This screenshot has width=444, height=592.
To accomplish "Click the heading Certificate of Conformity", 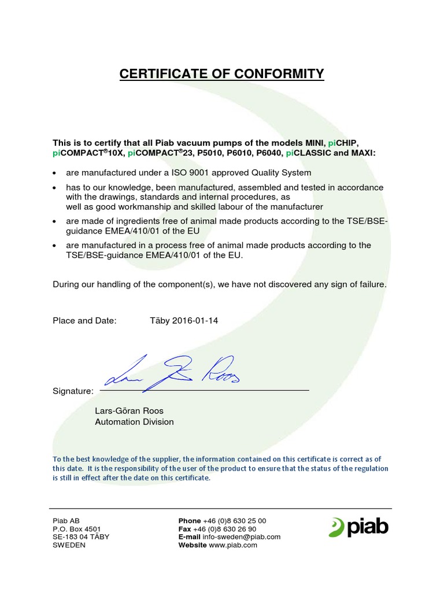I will [221, 74].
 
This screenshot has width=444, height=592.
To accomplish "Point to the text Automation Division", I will [134, 422].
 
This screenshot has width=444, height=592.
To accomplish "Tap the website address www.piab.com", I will [233, 545].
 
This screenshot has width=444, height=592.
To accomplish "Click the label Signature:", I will [73, 391].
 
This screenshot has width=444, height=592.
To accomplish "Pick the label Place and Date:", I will [84, 320].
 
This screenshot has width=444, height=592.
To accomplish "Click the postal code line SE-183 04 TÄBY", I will [81, 537].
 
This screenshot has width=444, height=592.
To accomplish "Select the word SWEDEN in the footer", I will [69, 545].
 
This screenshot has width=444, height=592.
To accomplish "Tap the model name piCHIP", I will [343, 142].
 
